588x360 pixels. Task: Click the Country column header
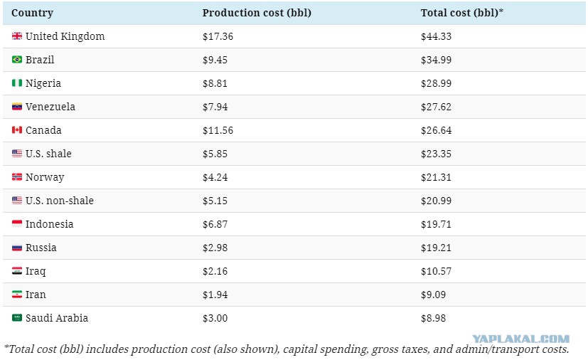tap(32, 13)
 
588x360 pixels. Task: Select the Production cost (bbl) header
tap(257, 13)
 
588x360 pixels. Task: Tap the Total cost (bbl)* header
tap(462, 13)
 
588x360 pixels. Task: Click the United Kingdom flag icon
tap(17, 36)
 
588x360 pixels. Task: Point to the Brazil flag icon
tap(17, 60)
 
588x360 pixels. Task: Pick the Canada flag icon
tap(17, 130)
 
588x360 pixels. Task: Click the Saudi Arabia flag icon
tap(17, 318)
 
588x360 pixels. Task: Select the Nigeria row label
tap(43, 83)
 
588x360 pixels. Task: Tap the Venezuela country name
tap(50, 107)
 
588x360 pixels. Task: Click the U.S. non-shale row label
tap(60, 201)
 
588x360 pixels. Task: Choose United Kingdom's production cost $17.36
tap(218, 36)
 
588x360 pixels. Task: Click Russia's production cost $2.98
tap(215, 248)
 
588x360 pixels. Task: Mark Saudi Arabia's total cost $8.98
tap(433, 318)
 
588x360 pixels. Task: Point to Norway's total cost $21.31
tap(436, 177)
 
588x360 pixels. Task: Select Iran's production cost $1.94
tap(215, 295)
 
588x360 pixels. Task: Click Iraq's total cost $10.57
tap(436, 271)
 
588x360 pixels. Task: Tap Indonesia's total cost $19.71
tap(436, 224)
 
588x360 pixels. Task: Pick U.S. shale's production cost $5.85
tap(215, 154)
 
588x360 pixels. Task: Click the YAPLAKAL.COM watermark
tap(521, 339)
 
